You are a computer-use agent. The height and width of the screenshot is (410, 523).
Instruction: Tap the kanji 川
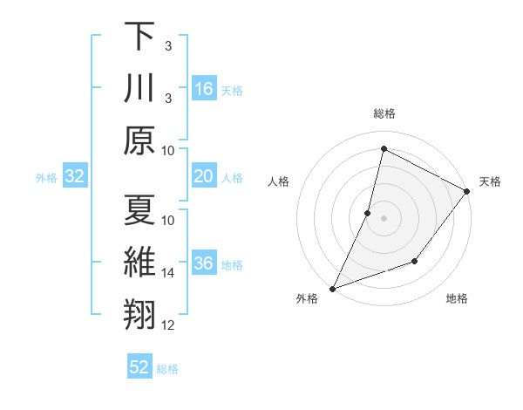click(x=139, y=89)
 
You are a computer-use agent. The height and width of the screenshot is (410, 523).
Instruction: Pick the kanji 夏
click(x=139, y=210)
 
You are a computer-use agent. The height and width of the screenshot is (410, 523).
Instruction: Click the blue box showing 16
click(x=204, y=89)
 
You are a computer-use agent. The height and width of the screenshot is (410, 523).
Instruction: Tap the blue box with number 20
click(x=204, y=177)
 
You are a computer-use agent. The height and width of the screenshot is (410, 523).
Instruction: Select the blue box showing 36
click(x=204, y=264)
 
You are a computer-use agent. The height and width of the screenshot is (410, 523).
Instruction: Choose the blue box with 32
click(x=75, y=177)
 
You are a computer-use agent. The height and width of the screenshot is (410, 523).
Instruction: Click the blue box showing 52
click(x=139, y=367)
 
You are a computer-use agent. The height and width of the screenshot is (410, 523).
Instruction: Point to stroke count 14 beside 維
click(x=168, y=273)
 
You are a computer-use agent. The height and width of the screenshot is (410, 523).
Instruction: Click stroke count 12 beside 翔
click(x=168, y=325)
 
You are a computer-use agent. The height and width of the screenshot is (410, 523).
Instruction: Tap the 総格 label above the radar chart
click(x=384, y=114)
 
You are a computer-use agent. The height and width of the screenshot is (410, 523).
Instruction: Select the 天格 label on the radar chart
click(x=490, y=181)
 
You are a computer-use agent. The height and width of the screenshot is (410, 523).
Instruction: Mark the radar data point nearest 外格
click(x=332, y=288)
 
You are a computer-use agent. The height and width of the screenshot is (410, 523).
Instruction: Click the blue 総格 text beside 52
click(x=167, y=369)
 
